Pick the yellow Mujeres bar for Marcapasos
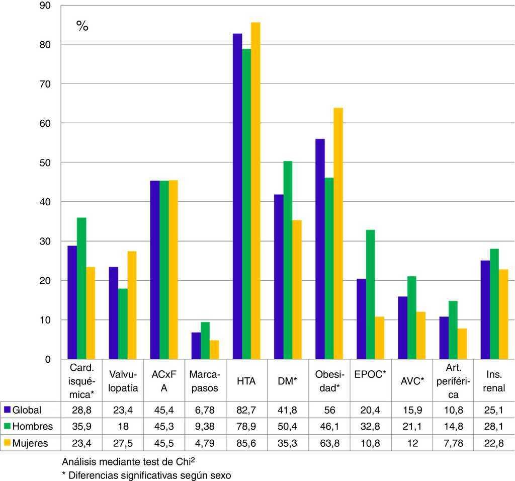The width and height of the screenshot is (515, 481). click(x=214, y=350)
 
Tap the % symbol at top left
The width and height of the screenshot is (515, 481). click(x=82, y=27)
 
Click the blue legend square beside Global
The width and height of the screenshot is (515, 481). click(x=7, y=410)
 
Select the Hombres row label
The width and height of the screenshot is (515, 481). click(x=33, y=427)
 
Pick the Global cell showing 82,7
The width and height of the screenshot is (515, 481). click(x=246, y=410)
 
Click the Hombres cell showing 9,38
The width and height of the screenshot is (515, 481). click(x=205, y=427)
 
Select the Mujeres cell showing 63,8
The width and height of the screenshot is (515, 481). click(x=329, y=443)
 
